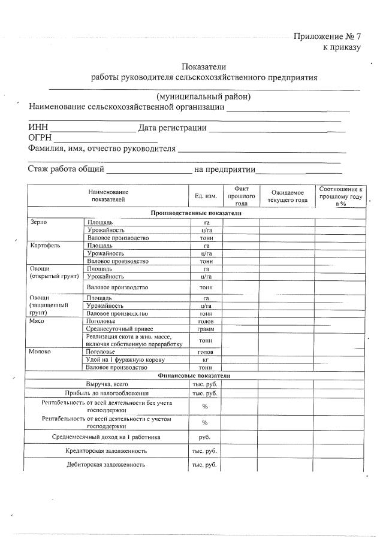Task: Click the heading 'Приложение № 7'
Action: pos(327,37)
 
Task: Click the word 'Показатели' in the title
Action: pos(204,66)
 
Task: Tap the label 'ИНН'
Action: pos(38,128)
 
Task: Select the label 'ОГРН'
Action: pos(41,138)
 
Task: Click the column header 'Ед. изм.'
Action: pos(205,196)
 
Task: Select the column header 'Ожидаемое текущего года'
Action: pos(287,196)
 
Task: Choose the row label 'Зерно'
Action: pos(38,222)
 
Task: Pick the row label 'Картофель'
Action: pos(43,246)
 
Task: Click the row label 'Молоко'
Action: pos(40,352)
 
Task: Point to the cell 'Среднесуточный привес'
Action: pos(120,329)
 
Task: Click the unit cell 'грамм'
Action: pos(206,329)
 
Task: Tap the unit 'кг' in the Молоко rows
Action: pos(206,360)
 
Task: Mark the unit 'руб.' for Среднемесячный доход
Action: pos(204,437)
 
